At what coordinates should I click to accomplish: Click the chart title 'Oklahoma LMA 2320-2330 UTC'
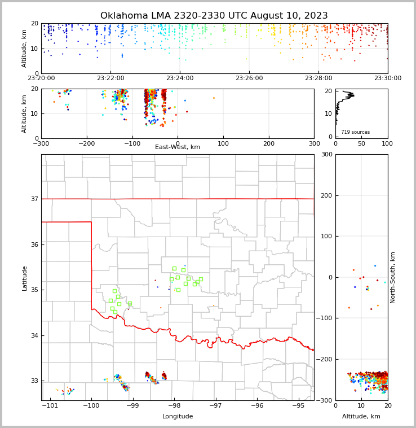(x=214, y=16)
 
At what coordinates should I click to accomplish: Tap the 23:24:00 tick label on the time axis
(x=180, y=78)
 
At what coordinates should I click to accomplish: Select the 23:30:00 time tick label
(x=388, y=78)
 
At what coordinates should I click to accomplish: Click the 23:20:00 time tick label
(x=41, y=78)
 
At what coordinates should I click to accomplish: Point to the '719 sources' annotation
(x=355, y=132)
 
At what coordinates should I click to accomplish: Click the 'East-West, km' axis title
(x=178, y=147)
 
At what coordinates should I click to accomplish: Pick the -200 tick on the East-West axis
(x=86, y=143)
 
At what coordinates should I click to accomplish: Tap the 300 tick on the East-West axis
(x=314, y=143)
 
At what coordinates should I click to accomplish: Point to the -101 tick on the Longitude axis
(x=50, y=405)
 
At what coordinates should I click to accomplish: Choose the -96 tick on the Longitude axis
(x=257, y=405)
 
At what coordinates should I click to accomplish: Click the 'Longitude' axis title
(x=178, y=417)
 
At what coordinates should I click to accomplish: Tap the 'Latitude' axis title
(x=24, y=278)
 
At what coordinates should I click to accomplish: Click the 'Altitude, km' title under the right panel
(x=361, y=417)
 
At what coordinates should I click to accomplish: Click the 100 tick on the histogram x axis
(x=388, y=143)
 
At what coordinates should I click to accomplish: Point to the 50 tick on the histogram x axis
(x=361, y=143)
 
